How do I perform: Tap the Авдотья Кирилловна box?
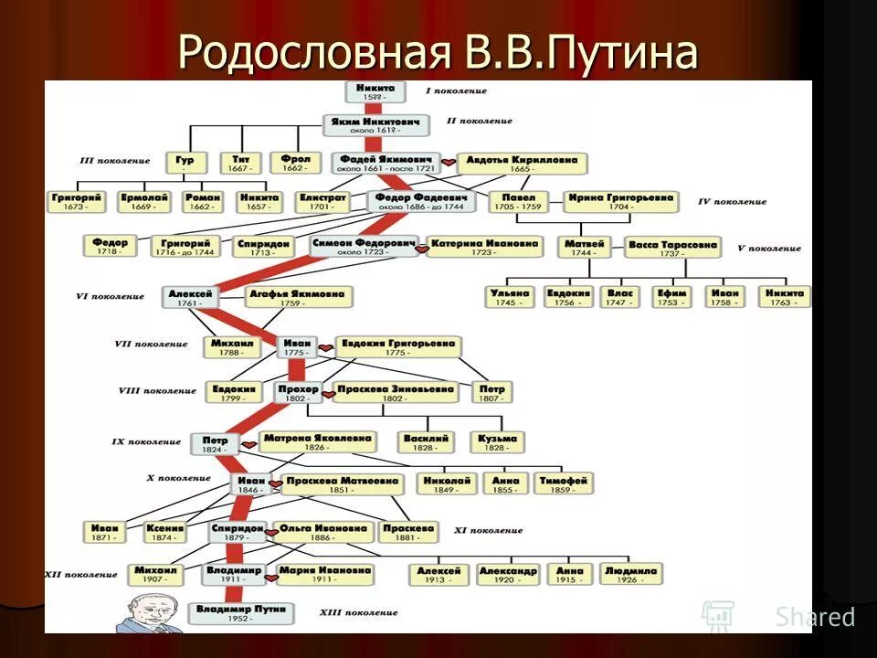(522, 163)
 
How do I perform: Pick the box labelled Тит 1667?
(241, 163)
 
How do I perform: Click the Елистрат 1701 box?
(322, 201)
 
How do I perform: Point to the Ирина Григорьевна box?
(620, 201)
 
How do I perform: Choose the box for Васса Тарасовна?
(673, 247)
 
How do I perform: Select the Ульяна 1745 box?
(511, 296)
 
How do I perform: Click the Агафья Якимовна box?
(299, 297)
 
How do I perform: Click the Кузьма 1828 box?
(498, 442)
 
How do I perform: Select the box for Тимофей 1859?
(564, 483)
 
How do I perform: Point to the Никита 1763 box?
(784, 296)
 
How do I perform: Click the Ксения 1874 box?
(166, 532)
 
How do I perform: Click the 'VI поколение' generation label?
(110, 296)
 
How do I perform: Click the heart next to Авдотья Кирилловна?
(449, 164)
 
